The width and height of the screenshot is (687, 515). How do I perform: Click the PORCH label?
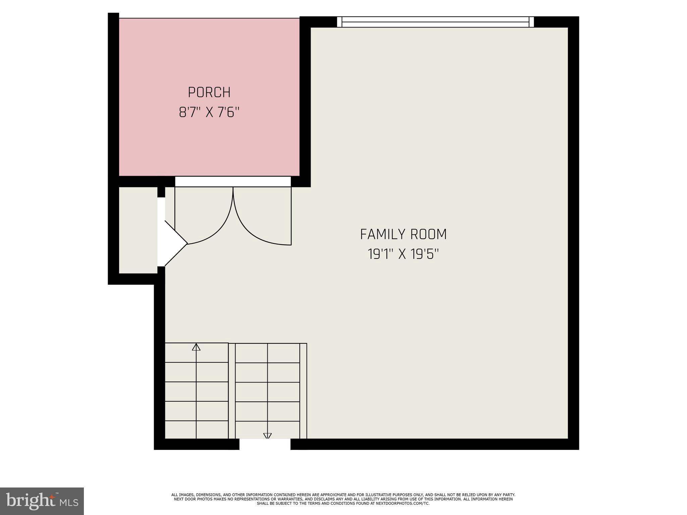(209, 93)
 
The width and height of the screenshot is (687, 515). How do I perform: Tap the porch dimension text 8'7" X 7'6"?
(209, 112)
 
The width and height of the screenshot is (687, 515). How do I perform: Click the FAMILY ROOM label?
(403, 234)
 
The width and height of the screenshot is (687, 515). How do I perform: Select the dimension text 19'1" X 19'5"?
(403, 254)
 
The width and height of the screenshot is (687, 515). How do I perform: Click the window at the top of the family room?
(435, 22)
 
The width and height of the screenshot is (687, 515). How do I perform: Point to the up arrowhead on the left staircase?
(196, 347)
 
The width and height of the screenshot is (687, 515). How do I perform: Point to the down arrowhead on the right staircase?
(267, 436)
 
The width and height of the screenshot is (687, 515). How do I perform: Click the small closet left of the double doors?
(138, 230)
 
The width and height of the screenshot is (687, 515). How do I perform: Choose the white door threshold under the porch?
(233, 181)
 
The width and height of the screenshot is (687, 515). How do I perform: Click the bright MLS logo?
(42, 501)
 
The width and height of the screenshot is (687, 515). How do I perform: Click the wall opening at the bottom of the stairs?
(265, 444)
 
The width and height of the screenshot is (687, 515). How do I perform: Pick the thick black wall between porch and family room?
(305, 101)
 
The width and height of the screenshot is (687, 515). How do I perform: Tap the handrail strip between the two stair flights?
(232, 391)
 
